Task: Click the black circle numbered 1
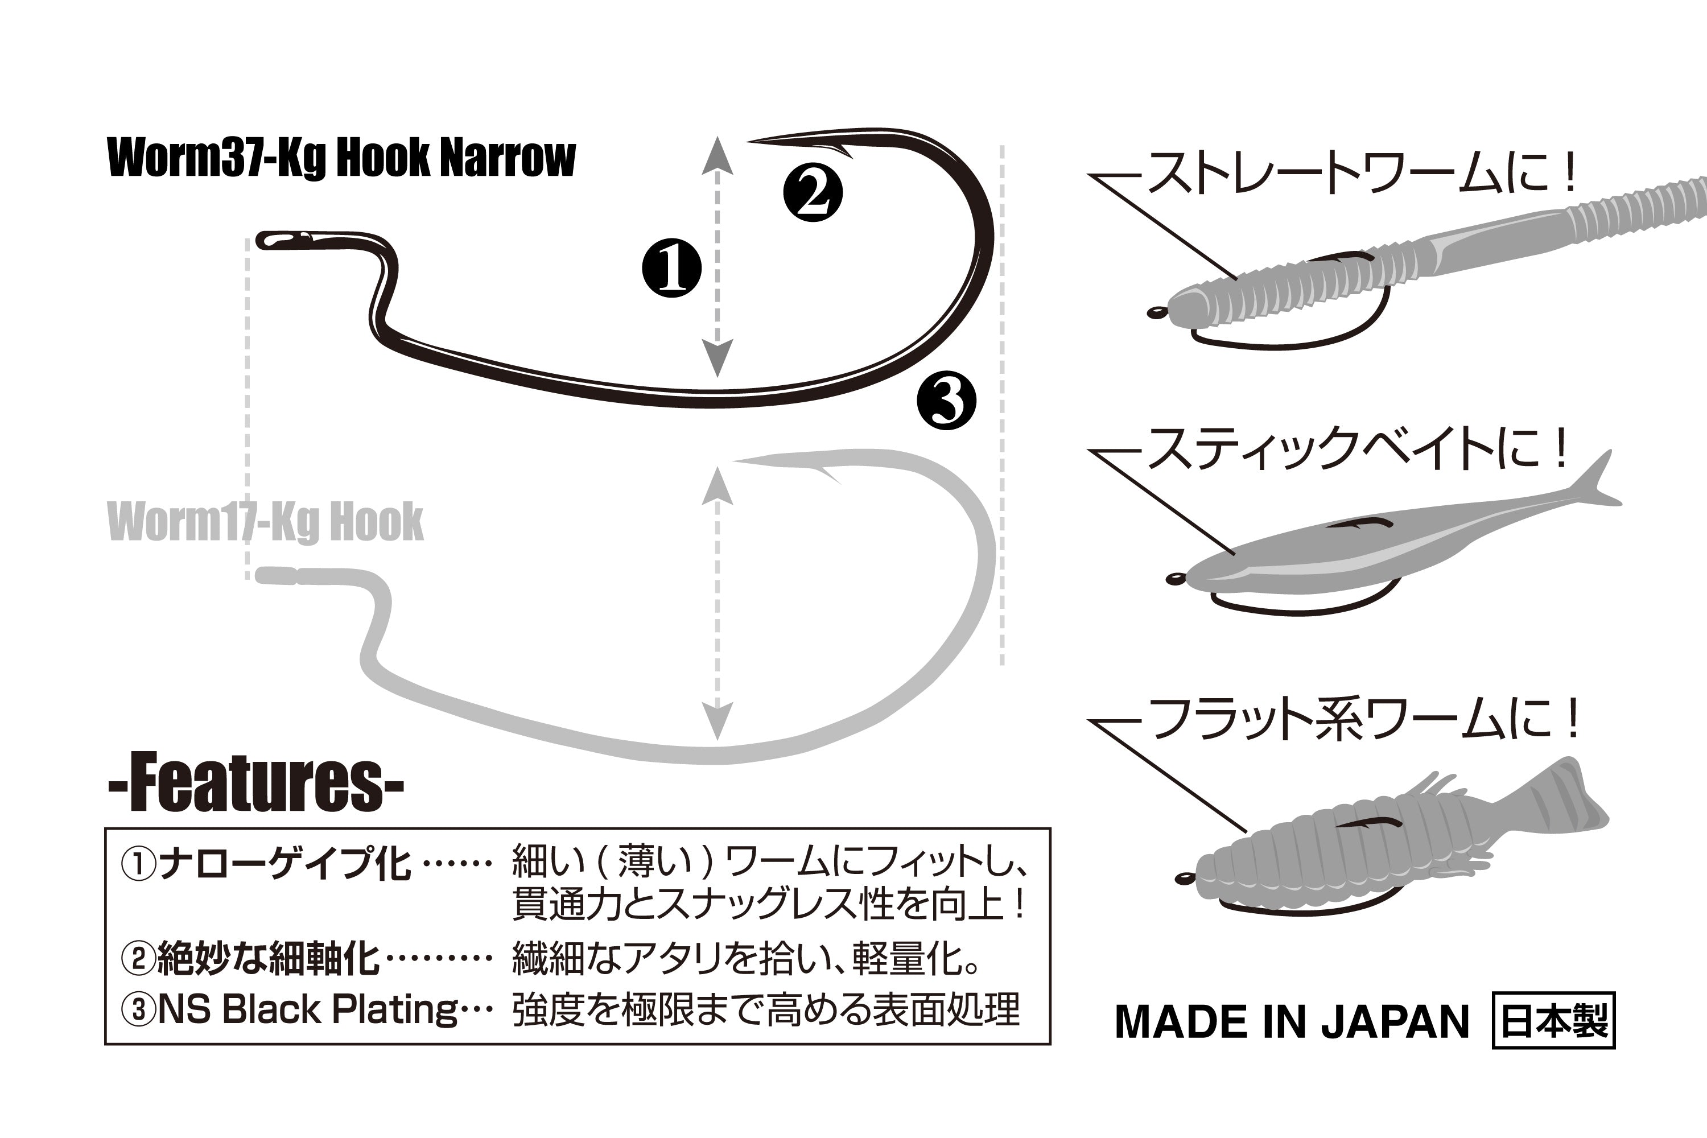pyautogui.click(x=671, y=268)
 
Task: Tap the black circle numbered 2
pyautogui.click(x=813, y=193)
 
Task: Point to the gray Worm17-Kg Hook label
pyautogui.click(x=265, y=521)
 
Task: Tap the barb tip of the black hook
pyautogui.click(x=752, y=140)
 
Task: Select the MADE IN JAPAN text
pyautogui.click(x=1291, y=1022)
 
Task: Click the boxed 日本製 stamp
pyautogui.click(x=1553, y=1020)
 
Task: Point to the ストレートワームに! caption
pyautogui.click(x=1361, y=174)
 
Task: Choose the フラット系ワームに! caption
pyautogui.click(x=1363, y=719)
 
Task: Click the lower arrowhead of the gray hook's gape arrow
pyautogui.click(x=717, y=720)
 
